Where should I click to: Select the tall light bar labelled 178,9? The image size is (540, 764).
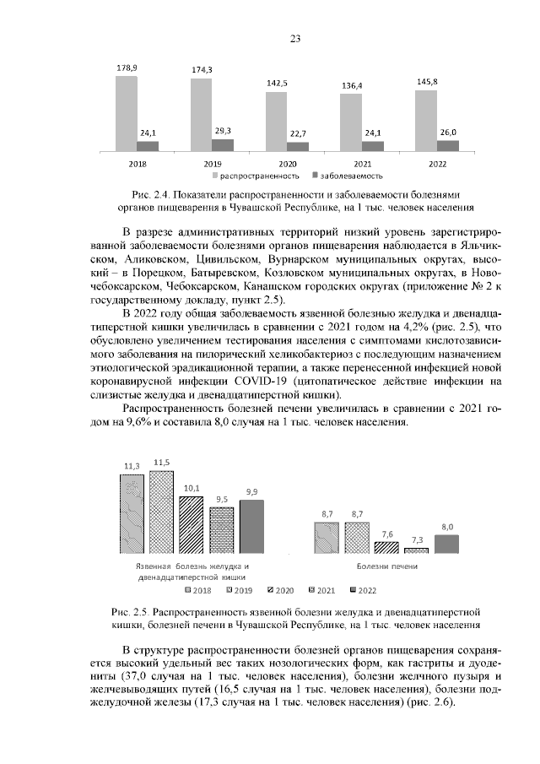tap(127, 114)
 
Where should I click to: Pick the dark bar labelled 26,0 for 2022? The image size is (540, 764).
tap(448, 146)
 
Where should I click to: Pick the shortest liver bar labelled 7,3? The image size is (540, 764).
tap(417, 550)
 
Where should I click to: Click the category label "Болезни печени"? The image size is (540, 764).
tap(387, 566)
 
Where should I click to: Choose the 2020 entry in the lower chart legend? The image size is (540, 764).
tap(281, 589)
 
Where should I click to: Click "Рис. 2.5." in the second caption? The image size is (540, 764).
tap(132, 611)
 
